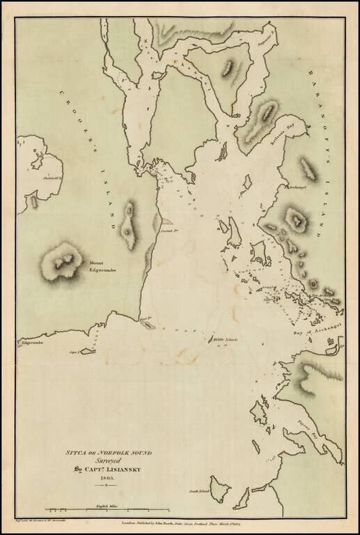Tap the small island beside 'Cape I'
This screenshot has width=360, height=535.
[88, 350]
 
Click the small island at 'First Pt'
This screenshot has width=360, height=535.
[148, 323]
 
